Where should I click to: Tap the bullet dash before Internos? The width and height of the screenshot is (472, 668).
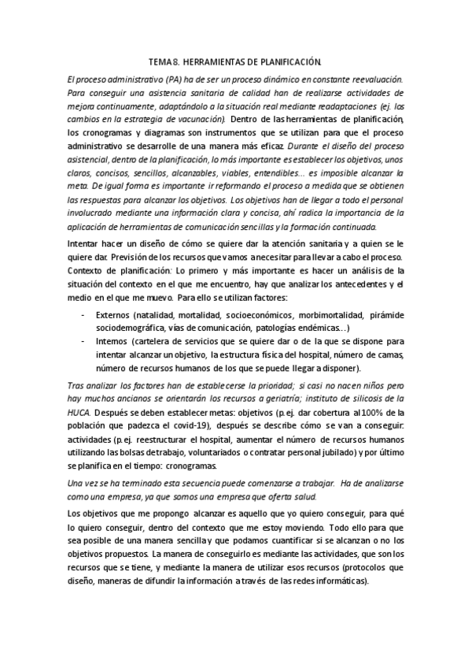tap(83, 341)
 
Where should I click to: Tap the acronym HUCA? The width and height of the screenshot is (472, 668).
tap(78, 412)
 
